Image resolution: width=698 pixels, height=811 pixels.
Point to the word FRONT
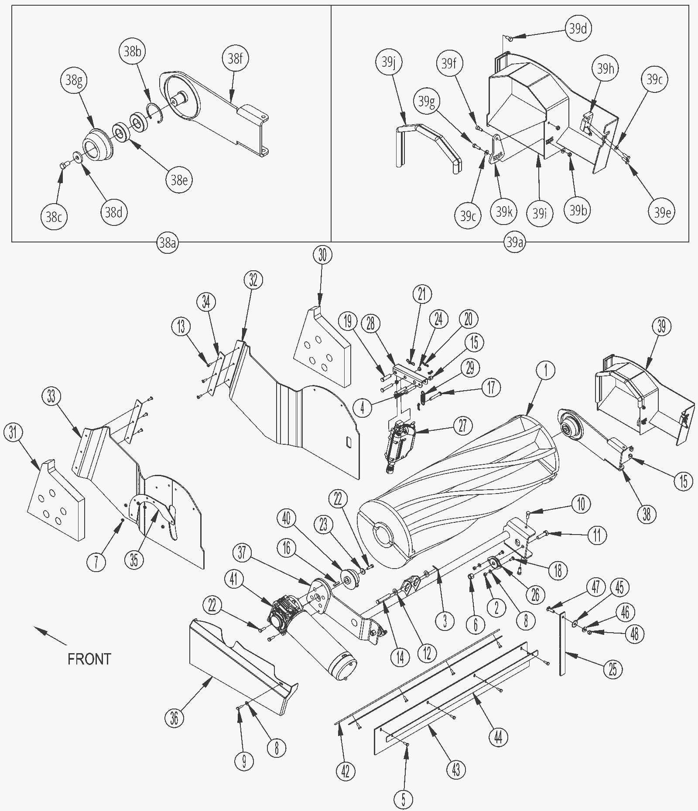click(x=89, y=658)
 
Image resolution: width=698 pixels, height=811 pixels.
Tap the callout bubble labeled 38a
click(x=167, y=242)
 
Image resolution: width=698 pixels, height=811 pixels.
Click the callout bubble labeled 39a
click(x=514, y=242)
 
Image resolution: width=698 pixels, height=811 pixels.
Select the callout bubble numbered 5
click(x=403, y=799)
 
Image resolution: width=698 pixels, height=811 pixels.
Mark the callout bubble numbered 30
click(x=322, y=255)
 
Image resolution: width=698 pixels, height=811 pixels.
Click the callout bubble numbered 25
click(x=613, y=669)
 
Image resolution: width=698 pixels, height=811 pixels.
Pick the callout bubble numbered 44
click(x=498, y=737)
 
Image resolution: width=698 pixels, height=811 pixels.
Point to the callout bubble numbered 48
click(x=635, y=634)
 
